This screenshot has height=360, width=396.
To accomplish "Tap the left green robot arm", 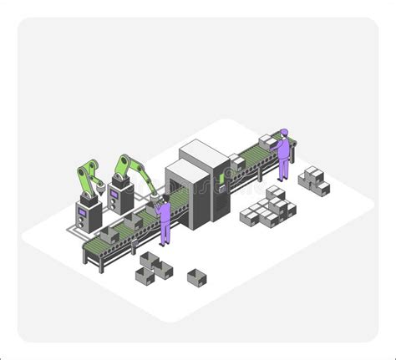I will [x=87, y=176].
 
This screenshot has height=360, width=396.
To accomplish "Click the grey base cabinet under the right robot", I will [x=122, y=200].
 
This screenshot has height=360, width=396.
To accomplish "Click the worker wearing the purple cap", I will [x=284, y=155].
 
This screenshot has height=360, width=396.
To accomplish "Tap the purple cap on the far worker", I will [x=284, y=130].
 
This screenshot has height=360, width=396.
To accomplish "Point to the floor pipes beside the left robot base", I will [x=67, y=228].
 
